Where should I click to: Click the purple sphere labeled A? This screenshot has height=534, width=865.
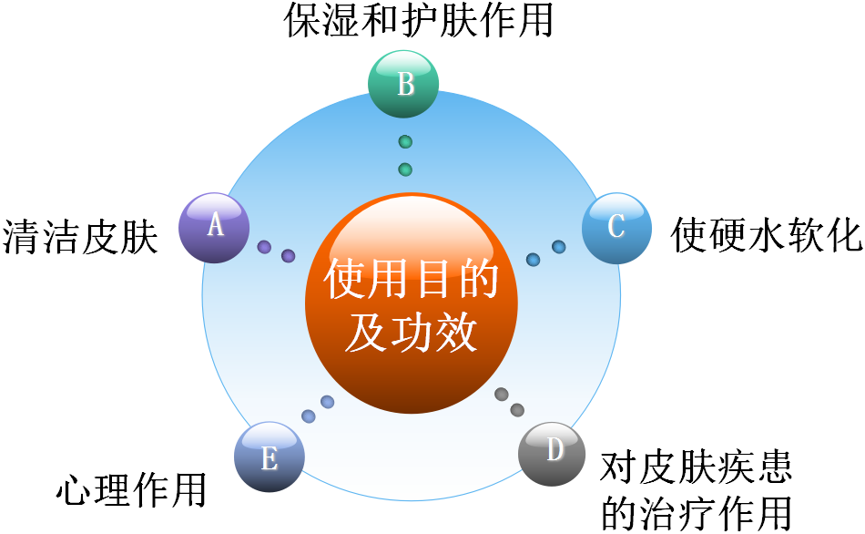click(x=214, y=228)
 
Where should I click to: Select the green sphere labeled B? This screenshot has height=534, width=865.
click(x=403, y=85)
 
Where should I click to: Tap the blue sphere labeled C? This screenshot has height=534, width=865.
click(x=616, y=228)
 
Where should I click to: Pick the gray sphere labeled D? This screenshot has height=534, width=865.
click(x=552, y=453)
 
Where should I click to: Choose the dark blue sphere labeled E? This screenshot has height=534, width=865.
click(x=269, y=457)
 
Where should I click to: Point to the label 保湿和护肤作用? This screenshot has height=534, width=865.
click(x=419, y=20)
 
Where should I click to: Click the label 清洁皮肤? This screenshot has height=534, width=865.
click(x=80, y=237)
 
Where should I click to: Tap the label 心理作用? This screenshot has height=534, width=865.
click(x=131, y=489)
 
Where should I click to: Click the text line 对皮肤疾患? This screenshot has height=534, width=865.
click(x=696, y=468)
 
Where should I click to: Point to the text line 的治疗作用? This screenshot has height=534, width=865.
click(x=696, y=512)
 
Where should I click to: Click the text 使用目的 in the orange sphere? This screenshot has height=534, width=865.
click(x=412, y=280)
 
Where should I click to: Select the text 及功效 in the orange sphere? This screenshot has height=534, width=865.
click(x=412, y=334)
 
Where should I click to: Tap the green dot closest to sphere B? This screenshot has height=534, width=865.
click(x=405, y=142)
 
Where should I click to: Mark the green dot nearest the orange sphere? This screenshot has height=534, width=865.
click(x=405, y=169)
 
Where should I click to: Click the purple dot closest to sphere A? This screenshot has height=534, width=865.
click(x=264, y=247)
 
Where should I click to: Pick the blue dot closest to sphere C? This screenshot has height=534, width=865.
click(x=559, y=247)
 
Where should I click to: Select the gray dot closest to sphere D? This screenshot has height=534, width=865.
click(x=517, y=410)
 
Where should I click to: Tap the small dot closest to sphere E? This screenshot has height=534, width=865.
click(x=309, y=416)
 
